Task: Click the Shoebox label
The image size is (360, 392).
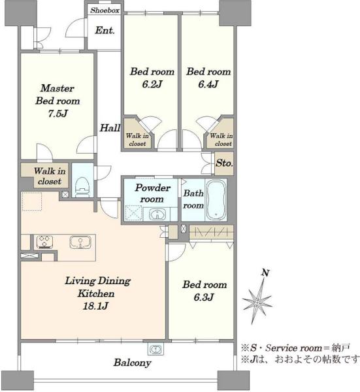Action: tap(105, 10)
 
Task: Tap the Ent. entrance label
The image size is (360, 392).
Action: tap(105, 31)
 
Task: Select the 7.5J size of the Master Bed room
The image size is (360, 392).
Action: tap(57, 114)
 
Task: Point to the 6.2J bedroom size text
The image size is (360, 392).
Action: tap(152, 84)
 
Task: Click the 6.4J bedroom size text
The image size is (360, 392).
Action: tap(208, 84)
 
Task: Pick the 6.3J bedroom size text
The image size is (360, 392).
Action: tap(204, 297)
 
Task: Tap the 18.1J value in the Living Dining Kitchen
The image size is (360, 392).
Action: tap(95, 306)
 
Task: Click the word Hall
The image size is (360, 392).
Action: tap(110, 128)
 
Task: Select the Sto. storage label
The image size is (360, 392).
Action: tap(224, 163)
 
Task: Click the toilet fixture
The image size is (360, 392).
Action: tap(82, 186)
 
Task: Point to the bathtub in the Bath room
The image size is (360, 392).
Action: tap(216, 199)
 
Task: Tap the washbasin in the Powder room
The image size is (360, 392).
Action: tap(157, 214)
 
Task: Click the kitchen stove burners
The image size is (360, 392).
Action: tap(44, 242)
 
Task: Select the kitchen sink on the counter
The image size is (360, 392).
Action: tap(80, 242)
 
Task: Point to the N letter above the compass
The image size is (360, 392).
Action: tap(265, 272)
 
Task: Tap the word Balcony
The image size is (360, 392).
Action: tap(132, 363)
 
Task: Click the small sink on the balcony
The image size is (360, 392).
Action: tap(156, 348)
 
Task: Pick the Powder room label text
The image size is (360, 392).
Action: tap(152, 193)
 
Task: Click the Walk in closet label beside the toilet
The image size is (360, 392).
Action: tap(50, 176)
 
